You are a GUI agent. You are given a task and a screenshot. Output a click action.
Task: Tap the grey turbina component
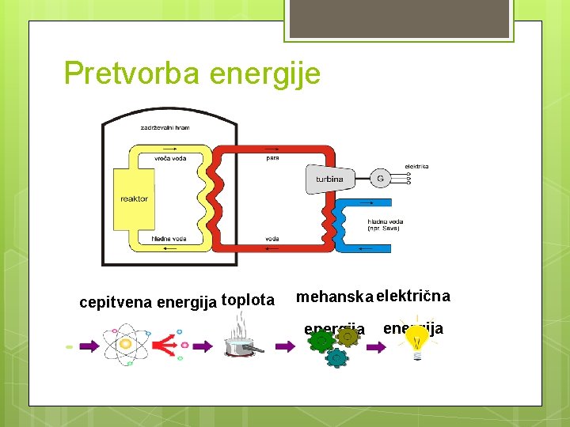pyautogui.click(x=329, y=179)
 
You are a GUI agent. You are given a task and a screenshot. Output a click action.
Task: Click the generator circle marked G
pyautogui.click(x=380, y=179)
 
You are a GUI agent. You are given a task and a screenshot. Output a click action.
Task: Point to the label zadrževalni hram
pyautogui.click(x=165, y=127)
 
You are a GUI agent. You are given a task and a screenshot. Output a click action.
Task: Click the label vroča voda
pyautogui.click(x=170, y=158)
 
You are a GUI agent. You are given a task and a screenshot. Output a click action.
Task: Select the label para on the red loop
pyautogui.click(x=272, y=158)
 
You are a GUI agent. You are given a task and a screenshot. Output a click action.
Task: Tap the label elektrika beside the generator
pyautogui.click(x=416, y=166)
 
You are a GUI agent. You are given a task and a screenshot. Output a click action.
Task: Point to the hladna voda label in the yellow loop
pyautogui.click(x=169, y=238)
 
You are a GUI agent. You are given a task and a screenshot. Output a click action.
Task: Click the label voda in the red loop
pyautogui.click(x=272, y=238)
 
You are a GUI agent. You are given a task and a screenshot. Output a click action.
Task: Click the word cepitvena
pyautogui.click(x=116, y=301)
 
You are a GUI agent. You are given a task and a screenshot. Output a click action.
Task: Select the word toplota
pyautogui.click(x=248, y=300)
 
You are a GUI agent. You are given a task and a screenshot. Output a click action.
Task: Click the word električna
pyautogui.click(x=413, y=297)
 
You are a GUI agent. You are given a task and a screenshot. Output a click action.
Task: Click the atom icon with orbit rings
pyautogui.click(x=127, y=345)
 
